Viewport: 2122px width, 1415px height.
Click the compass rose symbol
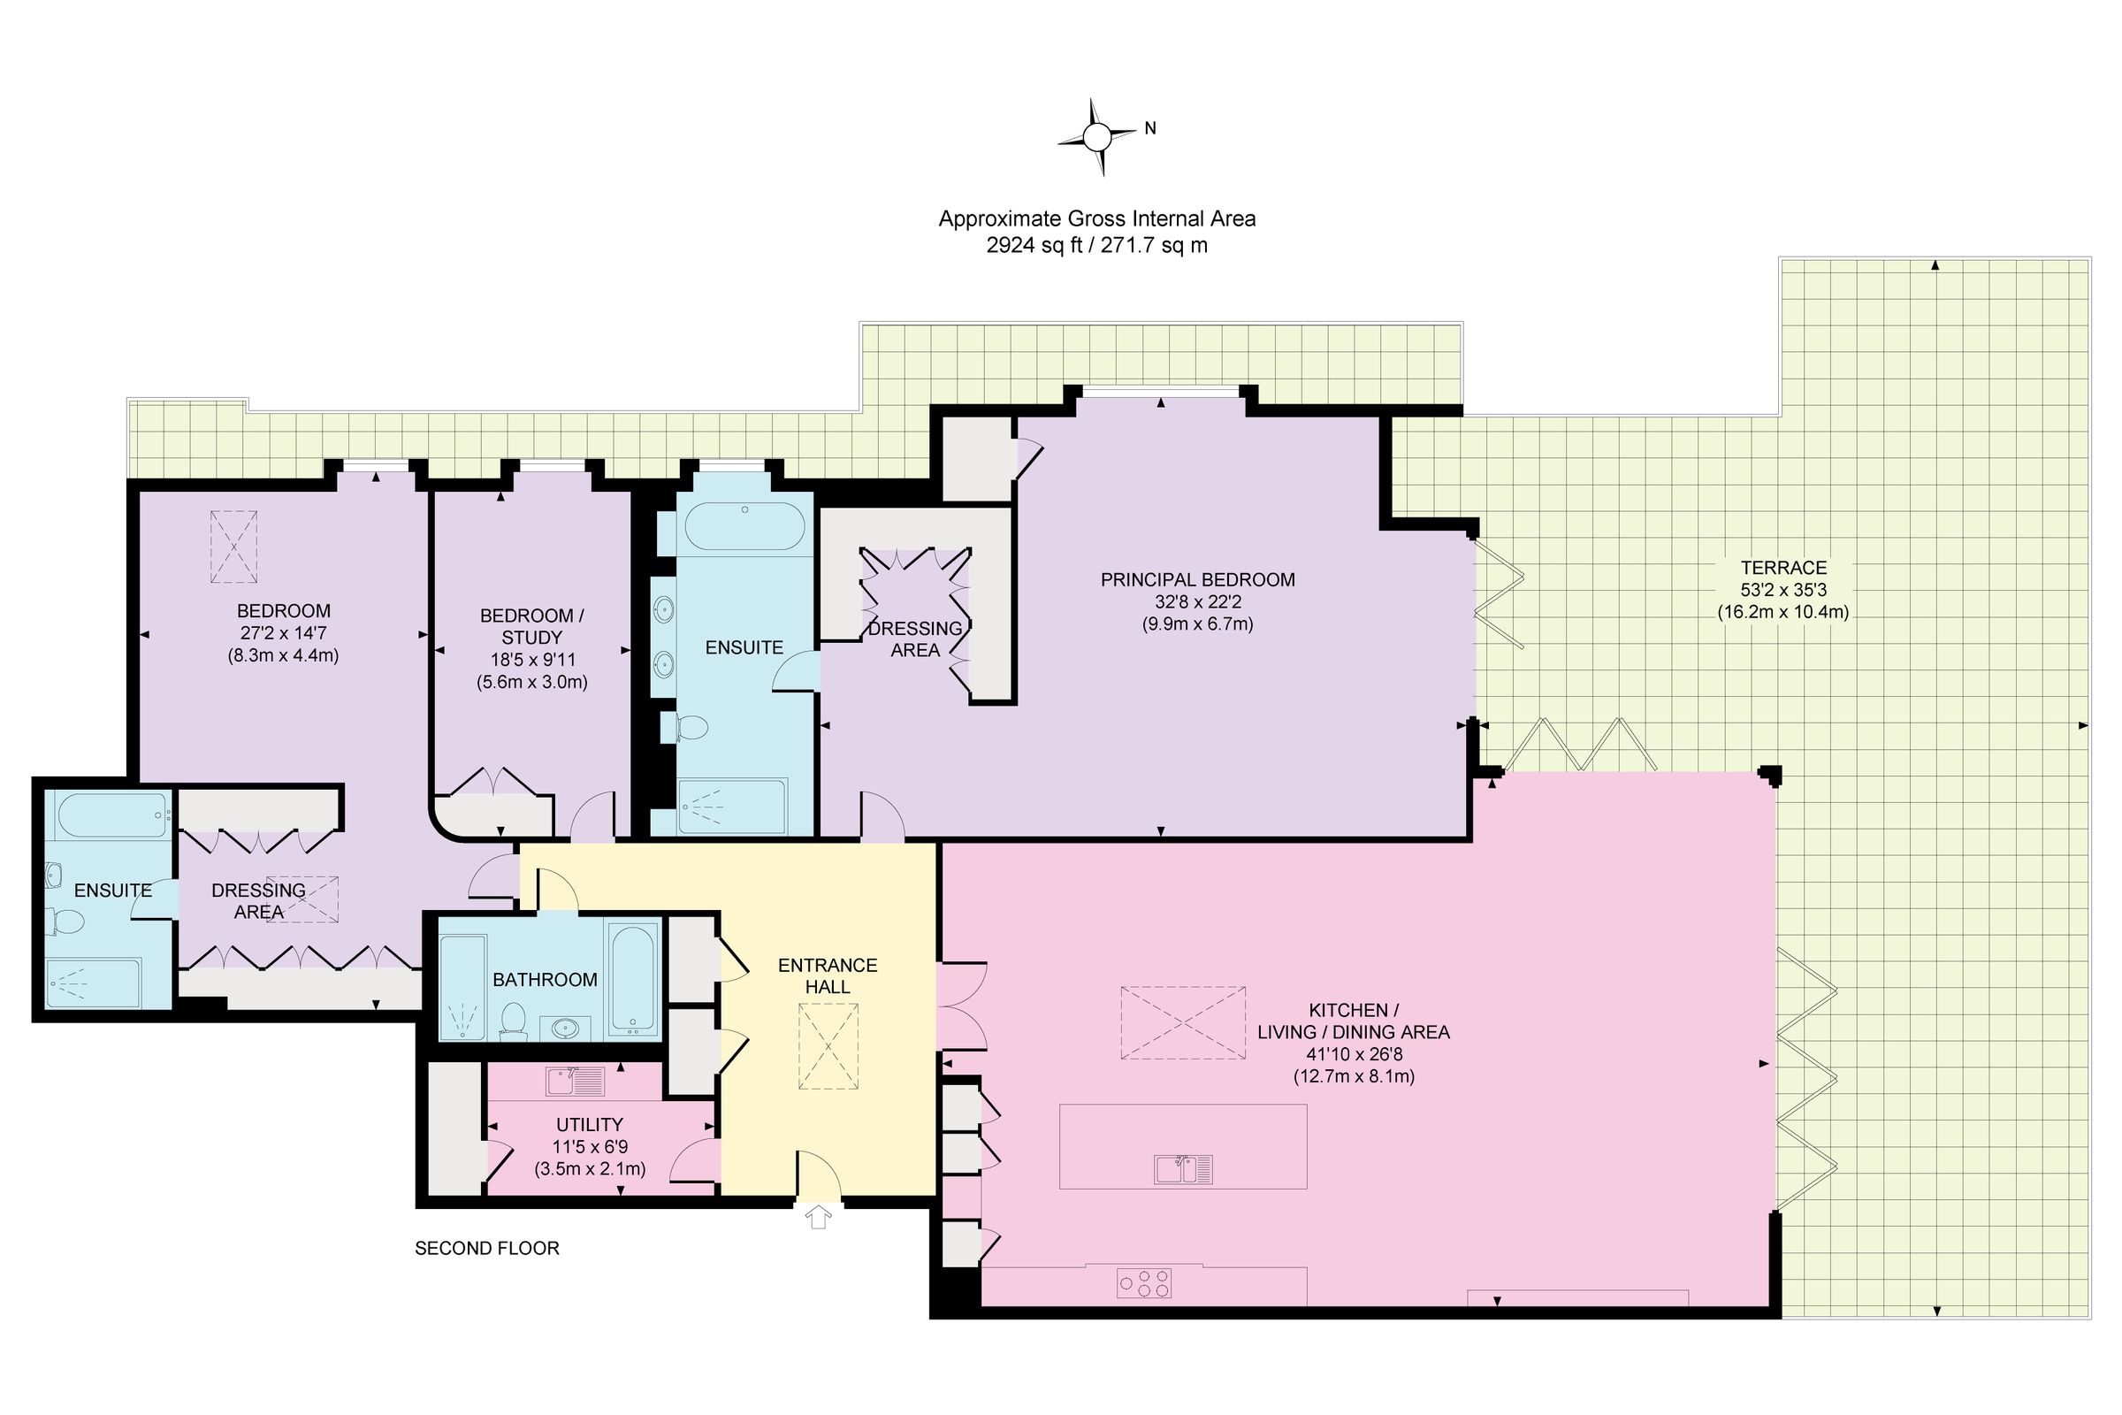tap(1097, 137)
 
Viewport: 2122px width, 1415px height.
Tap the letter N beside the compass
tap(1150, 129)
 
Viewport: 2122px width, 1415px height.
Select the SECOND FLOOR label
tap(487, 1248)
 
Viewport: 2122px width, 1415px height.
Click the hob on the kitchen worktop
tap(1144, 1283)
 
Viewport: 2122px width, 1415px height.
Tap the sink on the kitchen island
tap(1184, 1168)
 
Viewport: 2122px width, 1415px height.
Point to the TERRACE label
tap(1782, 568)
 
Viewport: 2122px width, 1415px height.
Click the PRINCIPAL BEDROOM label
tap(1197, 580)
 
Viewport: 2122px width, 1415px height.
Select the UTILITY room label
tap(589, 1124)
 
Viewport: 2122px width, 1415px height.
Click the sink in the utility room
tap(575, 1080)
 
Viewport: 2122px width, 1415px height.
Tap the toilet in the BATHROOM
tap(515, 1020)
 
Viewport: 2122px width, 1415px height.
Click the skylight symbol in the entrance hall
tap(829, 1047)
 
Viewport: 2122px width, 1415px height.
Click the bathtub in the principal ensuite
tap(744, 526)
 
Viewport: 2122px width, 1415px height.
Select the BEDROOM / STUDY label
tap(531, 626)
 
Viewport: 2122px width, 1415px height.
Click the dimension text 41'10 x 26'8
tap(1354, 1054)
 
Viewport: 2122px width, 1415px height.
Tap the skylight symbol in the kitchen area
tap(1183, 1022)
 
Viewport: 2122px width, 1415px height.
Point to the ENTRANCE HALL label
tap(828, 975)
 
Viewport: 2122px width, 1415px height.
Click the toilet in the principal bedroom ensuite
tap(690, 727)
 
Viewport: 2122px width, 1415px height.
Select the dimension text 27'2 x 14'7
tap(283, 633)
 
